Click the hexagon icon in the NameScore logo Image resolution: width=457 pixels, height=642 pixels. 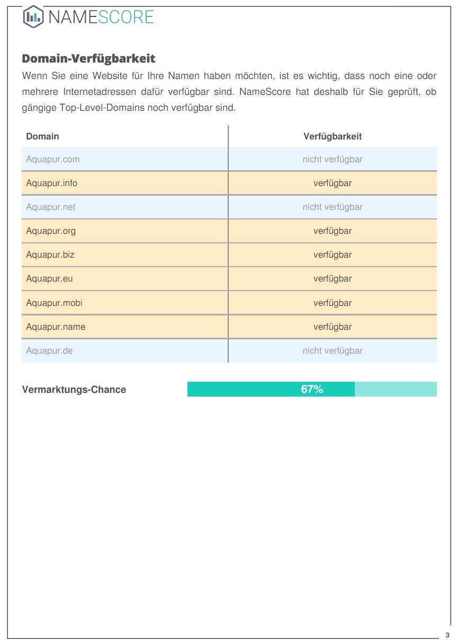click(33, 16)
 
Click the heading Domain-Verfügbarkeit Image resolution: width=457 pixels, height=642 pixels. click(88, 58)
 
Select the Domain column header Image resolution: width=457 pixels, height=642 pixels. click(42, 136)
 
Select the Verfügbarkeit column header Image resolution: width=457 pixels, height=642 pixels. click(333, 136)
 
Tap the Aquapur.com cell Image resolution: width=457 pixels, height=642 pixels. click(53, 159)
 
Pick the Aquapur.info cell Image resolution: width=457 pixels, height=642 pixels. click(52, 183)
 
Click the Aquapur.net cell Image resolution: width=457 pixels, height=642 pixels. click(51, 207)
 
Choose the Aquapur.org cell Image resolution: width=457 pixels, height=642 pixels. click(51, 231)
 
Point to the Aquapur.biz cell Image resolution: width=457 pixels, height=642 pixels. click(50, 255)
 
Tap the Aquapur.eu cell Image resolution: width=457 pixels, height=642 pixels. click(49, 279)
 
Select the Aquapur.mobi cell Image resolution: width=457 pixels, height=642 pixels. click(54, 303)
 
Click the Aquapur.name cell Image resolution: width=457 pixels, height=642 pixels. click(56, 327)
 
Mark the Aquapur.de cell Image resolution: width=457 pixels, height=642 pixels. click(49, 351)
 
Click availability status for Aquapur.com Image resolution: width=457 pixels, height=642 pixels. click(333, 159)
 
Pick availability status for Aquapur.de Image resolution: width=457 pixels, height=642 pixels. click(333, 351)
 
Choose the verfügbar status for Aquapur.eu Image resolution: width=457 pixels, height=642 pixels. click(333, 279)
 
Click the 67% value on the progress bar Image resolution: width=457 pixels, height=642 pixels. click(312, 390)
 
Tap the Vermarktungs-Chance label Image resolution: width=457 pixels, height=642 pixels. click(74, 390)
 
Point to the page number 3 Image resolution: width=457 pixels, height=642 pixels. click(447, 635)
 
